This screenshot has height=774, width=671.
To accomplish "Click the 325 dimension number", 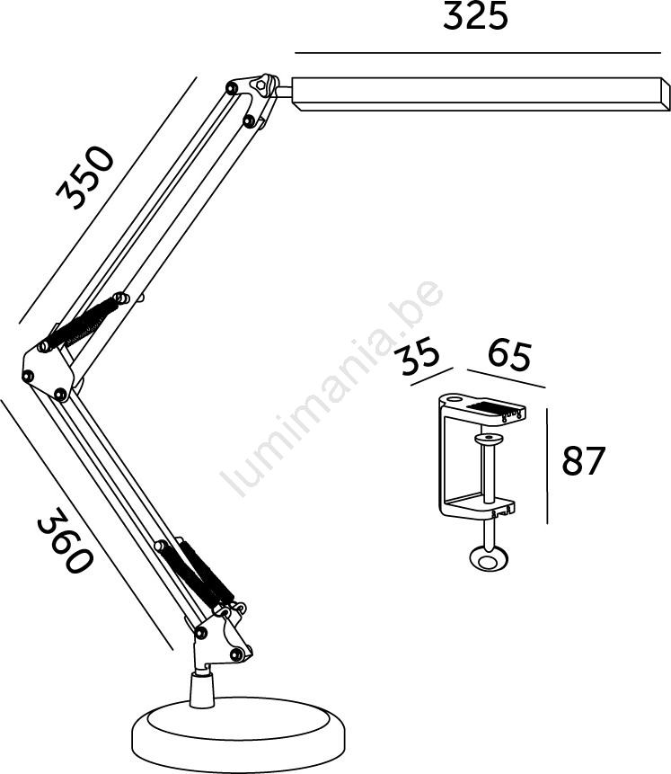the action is tap(475, 16).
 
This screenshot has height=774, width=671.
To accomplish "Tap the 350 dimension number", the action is tap(84, 178).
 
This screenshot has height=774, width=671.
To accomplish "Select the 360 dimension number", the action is tap(66, 540).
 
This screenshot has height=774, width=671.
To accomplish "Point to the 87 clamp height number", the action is tap(583, 460).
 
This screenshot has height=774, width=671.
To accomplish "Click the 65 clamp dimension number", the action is tap(509, 355).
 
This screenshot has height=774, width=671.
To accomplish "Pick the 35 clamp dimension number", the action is tap(419, 355).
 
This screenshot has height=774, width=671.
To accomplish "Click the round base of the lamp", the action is tap(239, 735).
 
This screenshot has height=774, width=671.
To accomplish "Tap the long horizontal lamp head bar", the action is tap(481, 93).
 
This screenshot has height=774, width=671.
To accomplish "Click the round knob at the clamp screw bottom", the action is tap(489, 560).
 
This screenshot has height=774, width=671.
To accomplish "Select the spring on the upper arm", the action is tap(83, 324).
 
